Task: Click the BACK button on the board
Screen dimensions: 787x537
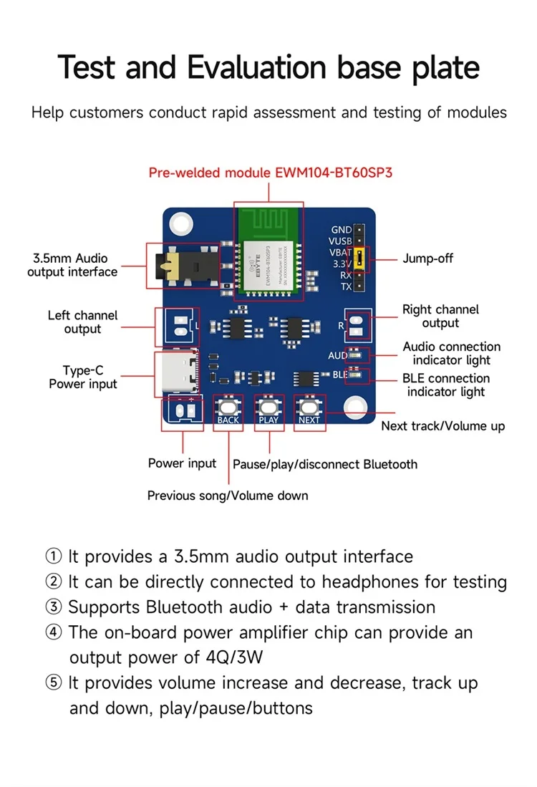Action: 228,406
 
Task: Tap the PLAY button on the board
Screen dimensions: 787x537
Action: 268,406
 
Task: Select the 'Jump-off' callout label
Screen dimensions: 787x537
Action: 427,259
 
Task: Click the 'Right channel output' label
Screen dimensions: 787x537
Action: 440,316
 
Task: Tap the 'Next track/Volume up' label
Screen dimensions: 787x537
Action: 442,426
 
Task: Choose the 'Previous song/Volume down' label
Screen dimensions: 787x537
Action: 228,496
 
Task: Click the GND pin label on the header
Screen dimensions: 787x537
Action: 341,230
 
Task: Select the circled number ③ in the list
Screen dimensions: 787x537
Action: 54,607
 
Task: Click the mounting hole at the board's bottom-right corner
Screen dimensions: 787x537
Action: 355,409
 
